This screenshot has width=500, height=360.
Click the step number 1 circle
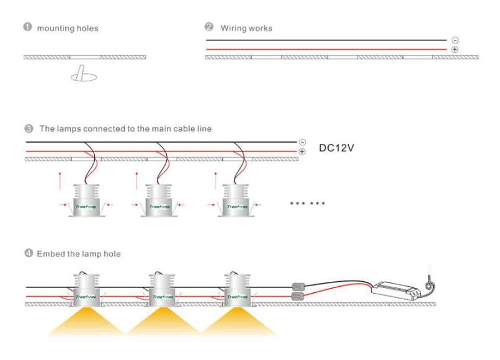click(27, 28)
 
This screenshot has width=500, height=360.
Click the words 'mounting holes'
click(68, 29)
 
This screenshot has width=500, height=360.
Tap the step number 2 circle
click(209, 28)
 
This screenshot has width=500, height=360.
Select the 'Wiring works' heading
click(245, 29)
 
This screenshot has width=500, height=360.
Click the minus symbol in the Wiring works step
click(455, 40)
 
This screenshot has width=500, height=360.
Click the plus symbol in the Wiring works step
click(455, 49)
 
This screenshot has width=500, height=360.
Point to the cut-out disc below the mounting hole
click(83, 76)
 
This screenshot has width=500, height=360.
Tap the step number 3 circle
click(29, 129)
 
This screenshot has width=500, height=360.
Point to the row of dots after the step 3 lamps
click(308, 203)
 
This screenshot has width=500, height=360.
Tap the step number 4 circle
click(29, 254)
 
